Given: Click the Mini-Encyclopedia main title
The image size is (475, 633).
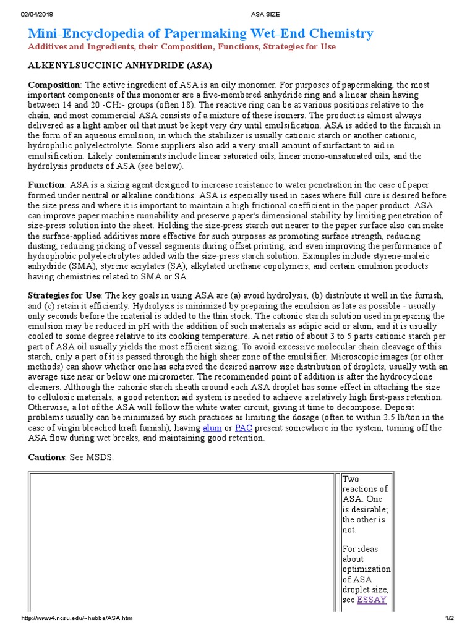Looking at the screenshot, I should [200, 33].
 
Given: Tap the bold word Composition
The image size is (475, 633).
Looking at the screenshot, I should [54, 85].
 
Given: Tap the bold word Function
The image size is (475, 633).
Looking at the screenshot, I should [46, 185].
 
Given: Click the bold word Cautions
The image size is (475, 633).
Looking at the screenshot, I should [47, 457].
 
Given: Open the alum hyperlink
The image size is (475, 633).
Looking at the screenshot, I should [212, 428].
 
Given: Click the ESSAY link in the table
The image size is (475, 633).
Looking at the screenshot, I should [372, 600].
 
